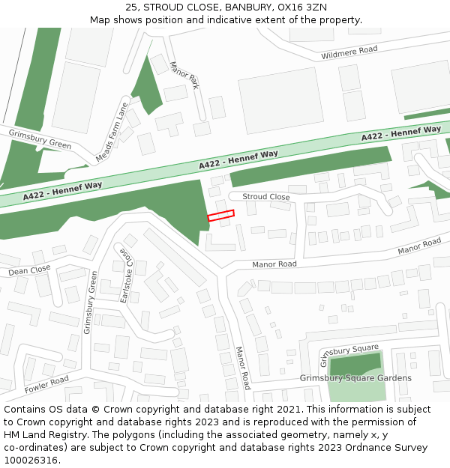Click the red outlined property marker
220,216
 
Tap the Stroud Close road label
266,197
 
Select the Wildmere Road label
349,52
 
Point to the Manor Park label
184,76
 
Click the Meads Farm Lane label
113,133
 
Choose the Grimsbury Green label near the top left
39,139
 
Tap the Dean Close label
29,270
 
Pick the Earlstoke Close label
124,276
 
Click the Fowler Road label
46,385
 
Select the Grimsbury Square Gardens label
355,378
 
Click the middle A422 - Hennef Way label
238,159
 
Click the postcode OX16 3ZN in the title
301,7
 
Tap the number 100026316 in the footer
31,460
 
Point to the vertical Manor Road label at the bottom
241,367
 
